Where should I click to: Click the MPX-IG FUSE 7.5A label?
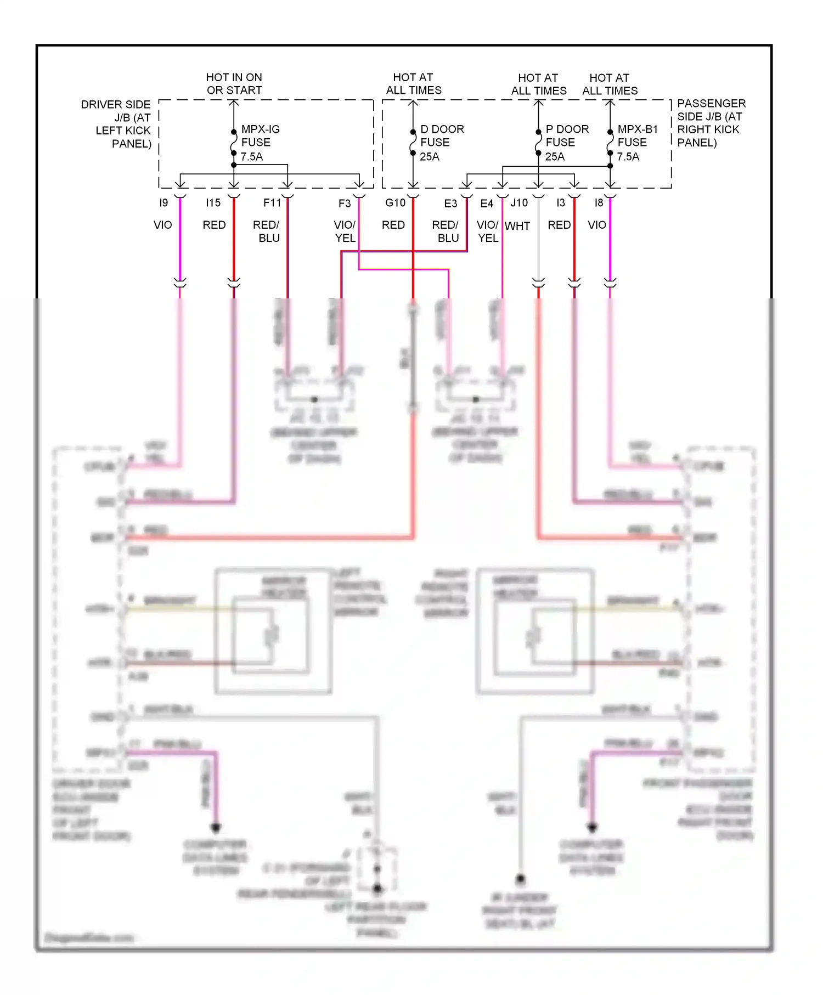(x=260, y=143)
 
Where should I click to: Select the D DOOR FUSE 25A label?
(x=441, y=143)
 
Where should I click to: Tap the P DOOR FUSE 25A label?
(x=566, y=143)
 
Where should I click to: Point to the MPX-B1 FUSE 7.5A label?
(x=636, y=143)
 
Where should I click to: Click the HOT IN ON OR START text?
(x=234, y=84)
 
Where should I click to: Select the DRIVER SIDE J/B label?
(x=116, y=124)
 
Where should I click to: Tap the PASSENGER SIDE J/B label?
(x=711, y=123)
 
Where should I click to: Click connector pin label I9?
(x=164, y=203)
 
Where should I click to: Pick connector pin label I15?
(x=213, y=203)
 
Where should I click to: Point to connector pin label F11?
(x=272, y=203)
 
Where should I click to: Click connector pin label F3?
(x=344, y=203)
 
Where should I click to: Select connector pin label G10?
(x=395, y=203)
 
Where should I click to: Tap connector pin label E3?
(x=450, y=203)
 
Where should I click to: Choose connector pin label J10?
(x=519, y=203)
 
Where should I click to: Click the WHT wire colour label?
(x=517, y=226)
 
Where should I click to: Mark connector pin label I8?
(x=599, y=203)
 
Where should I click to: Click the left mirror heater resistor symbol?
(x=272, y=635)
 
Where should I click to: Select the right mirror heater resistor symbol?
(x=532, y=636)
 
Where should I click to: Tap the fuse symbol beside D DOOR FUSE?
(x=413, y=143)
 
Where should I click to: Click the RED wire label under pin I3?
(x=559, y=225)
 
